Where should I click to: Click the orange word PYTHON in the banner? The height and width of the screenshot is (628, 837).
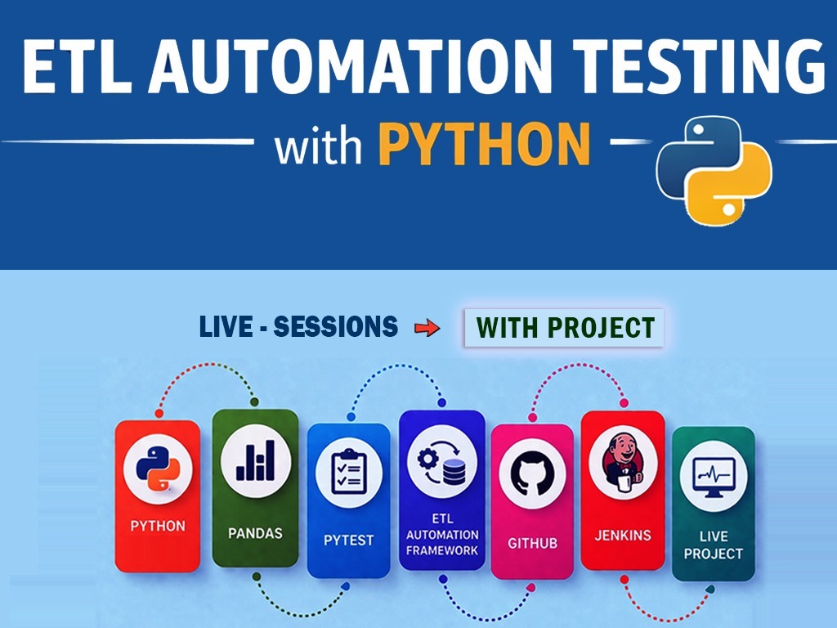[x=485, y=143]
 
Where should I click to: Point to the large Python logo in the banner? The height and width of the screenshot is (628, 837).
[x=714, y=171]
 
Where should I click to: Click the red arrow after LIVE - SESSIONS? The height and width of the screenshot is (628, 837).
[x=427, y=327]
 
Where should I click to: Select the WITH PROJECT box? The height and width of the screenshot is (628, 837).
[x=564, y=327]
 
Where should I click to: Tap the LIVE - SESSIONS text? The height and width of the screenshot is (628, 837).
[x=298, y=326]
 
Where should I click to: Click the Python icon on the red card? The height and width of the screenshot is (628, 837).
[x=158, y=469]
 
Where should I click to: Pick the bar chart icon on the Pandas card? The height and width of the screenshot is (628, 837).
[x=256, y=460]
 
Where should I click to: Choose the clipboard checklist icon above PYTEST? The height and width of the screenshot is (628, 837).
[x=348, y=472]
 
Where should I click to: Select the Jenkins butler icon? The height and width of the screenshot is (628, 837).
[x=622, y=463]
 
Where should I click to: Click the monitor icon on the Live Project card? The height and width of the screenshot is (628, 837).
[x=713, y=476]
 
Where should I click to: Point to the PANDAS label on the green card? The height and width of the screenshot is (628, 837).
[x=255, y=533]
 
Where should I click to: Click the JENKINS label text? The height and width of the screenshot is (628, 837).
[x=623, y=535]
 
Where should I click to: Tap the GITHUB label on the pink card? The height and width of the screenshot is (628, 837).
[x=532, y=543]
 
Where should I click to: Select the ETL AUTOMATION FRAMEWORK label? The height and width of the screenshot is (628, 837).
[x=442, y=535]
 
